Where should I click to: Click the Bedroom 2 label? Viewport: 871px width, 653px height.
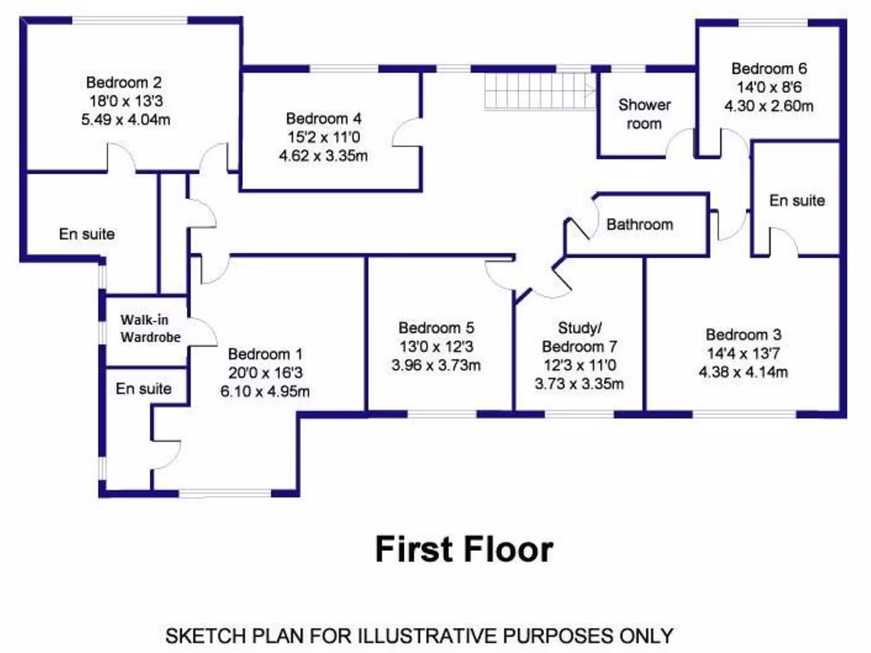pos(123,82)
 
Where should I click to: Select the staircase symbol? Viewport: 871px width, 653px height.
pos(539,90)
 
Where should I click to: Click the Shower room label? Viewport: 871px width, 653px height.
pos(644,114)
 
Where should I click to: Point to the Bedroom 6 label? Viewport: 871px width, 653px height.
pos(769,69)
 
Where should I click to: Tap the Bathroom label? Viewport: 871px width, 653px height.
pos(640,224)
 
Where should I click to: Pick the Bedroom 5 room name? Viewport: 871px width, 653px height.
pos(436,328)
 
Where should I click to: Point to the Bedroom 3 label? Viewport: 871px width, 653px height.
pos(743,334)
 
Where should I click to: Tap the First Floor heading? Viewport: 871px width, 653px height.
pos(464,549)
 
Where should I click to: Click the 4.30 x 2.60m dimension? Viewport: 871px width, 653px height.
pos(769,106)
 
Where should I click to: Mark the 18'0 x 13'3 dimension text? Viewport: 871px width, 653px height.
pos(123,101)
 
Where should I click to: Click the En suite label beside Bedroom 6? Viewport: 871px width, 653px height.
pos(797,201)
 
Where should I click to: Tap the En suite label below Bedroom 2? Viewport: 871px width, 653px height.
pos(87,233)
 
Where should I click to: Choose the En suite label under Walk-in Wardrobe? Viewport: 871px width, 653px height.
pos(144,389)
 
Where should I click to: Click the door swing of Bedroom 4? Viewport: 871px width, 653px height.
pos(407,133)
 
